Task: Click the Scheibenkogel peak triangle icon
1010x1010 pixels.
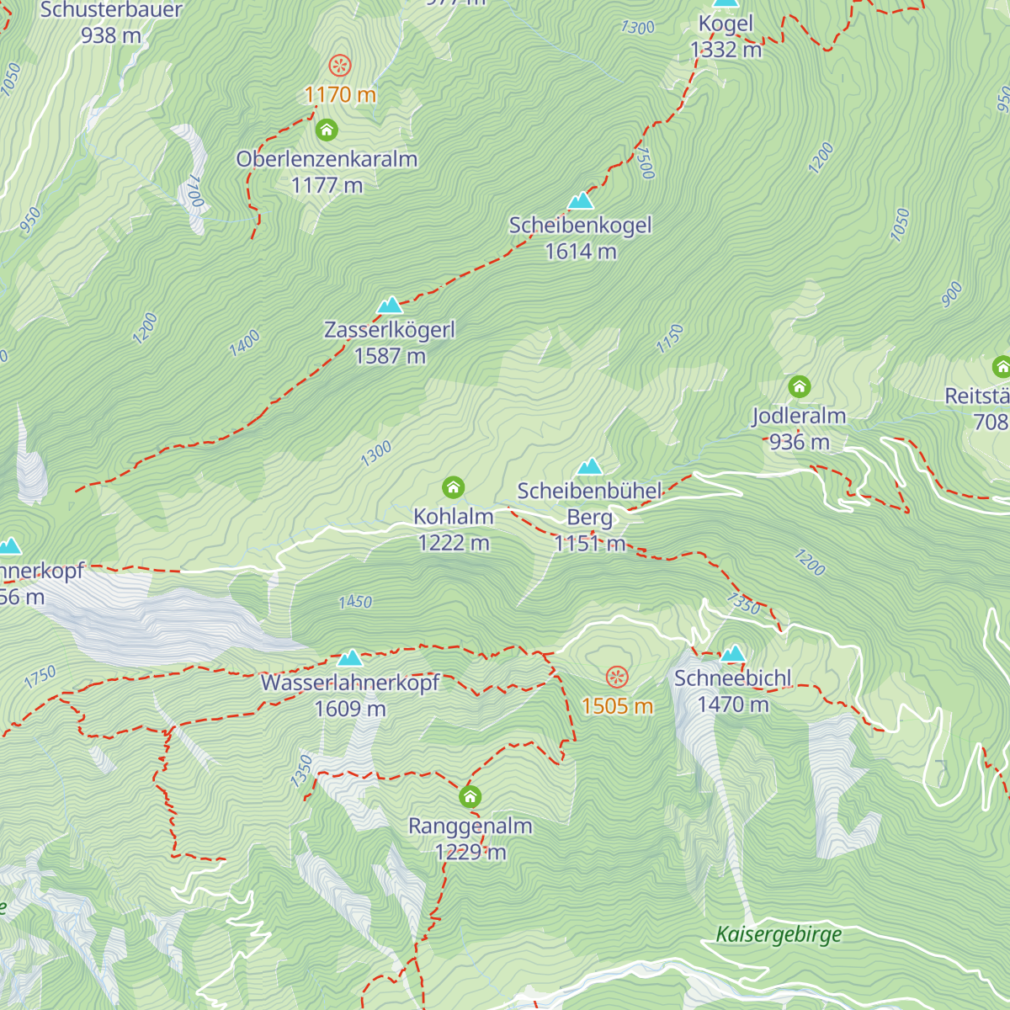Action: coord(581,201)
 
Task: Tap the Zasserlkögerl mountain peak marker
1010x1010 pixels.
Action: coord(390,306)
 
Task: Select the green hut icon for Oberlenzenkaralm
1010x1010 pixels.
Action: coord(327,130)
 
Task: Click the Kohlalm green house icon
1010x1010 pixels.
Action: coord(454,487)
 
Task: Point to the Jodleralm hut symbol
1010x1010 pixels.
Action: coord(799,387)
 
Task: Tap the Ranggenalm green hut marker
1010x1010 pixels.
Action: coord(470,796)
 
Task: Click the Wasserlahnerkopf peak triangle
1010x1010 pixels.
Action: coord(350,657)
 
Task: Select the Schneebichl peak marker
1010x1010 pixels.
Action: coord(733,654)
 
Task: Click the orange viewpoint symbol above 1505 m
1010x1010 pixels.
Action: coord(617,677)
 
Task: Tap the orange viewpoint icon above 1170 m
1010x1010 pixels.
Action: coord(340,66)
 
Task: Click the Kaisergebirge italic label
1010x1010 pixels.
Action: coord(779,934)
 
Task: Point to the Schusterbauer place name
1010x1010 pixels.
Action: coord(111,11)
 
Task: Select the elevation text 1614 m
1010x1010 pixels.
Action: coord(581,252)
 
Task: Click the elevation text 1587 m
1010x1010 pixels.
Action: coord(390,356)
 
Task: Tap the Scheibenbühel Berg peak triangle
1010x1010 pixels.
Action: coord(589,466)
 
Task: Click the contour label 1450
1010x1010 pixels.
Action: coord(355,602)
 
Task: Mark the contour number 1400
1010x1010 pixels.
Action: coord(245,343)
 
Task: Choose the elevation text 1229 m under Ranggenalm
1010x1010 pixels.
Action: coord(470,853)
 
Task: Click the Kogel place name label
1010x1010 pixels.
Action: coord(726,24)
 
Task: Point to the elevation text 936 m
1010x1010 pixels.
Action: coord(799,442)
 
